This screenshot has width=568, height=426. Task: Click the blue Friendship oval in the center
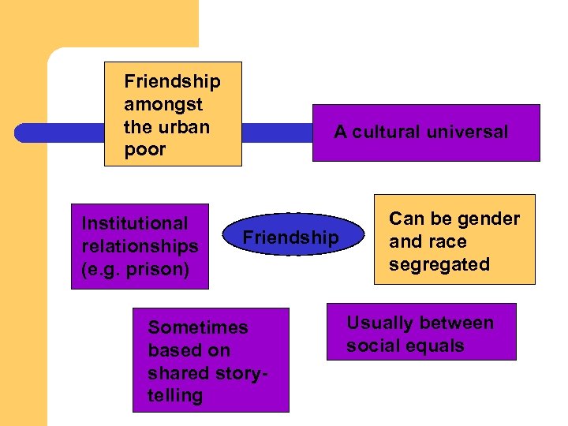tap(290, 237)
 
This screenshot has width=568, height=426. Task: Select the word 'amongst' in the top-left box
tap(163, 104)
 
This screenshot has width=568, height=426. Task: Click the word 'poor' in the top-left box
tap(145, 150)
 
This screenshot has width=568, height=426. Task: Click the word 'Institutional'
tap(135, 224)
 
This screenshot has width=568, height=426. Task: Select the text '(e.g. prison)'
tap(135, 269)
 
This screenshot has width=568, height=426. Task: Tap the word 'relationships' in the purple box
tap(140, 246)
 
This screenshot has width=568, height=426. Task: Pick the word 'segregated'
tap(439, 264)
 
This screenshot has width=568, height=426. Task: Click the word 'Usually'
tap(379, 323)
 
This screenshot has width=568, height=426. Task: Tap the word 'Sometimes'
tap(197, 327)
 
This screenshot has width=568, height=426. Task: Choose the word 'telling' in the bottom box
tap(175, 396)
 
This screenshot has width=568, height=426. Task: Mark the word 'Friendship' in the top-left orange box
tap(172, 81)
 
